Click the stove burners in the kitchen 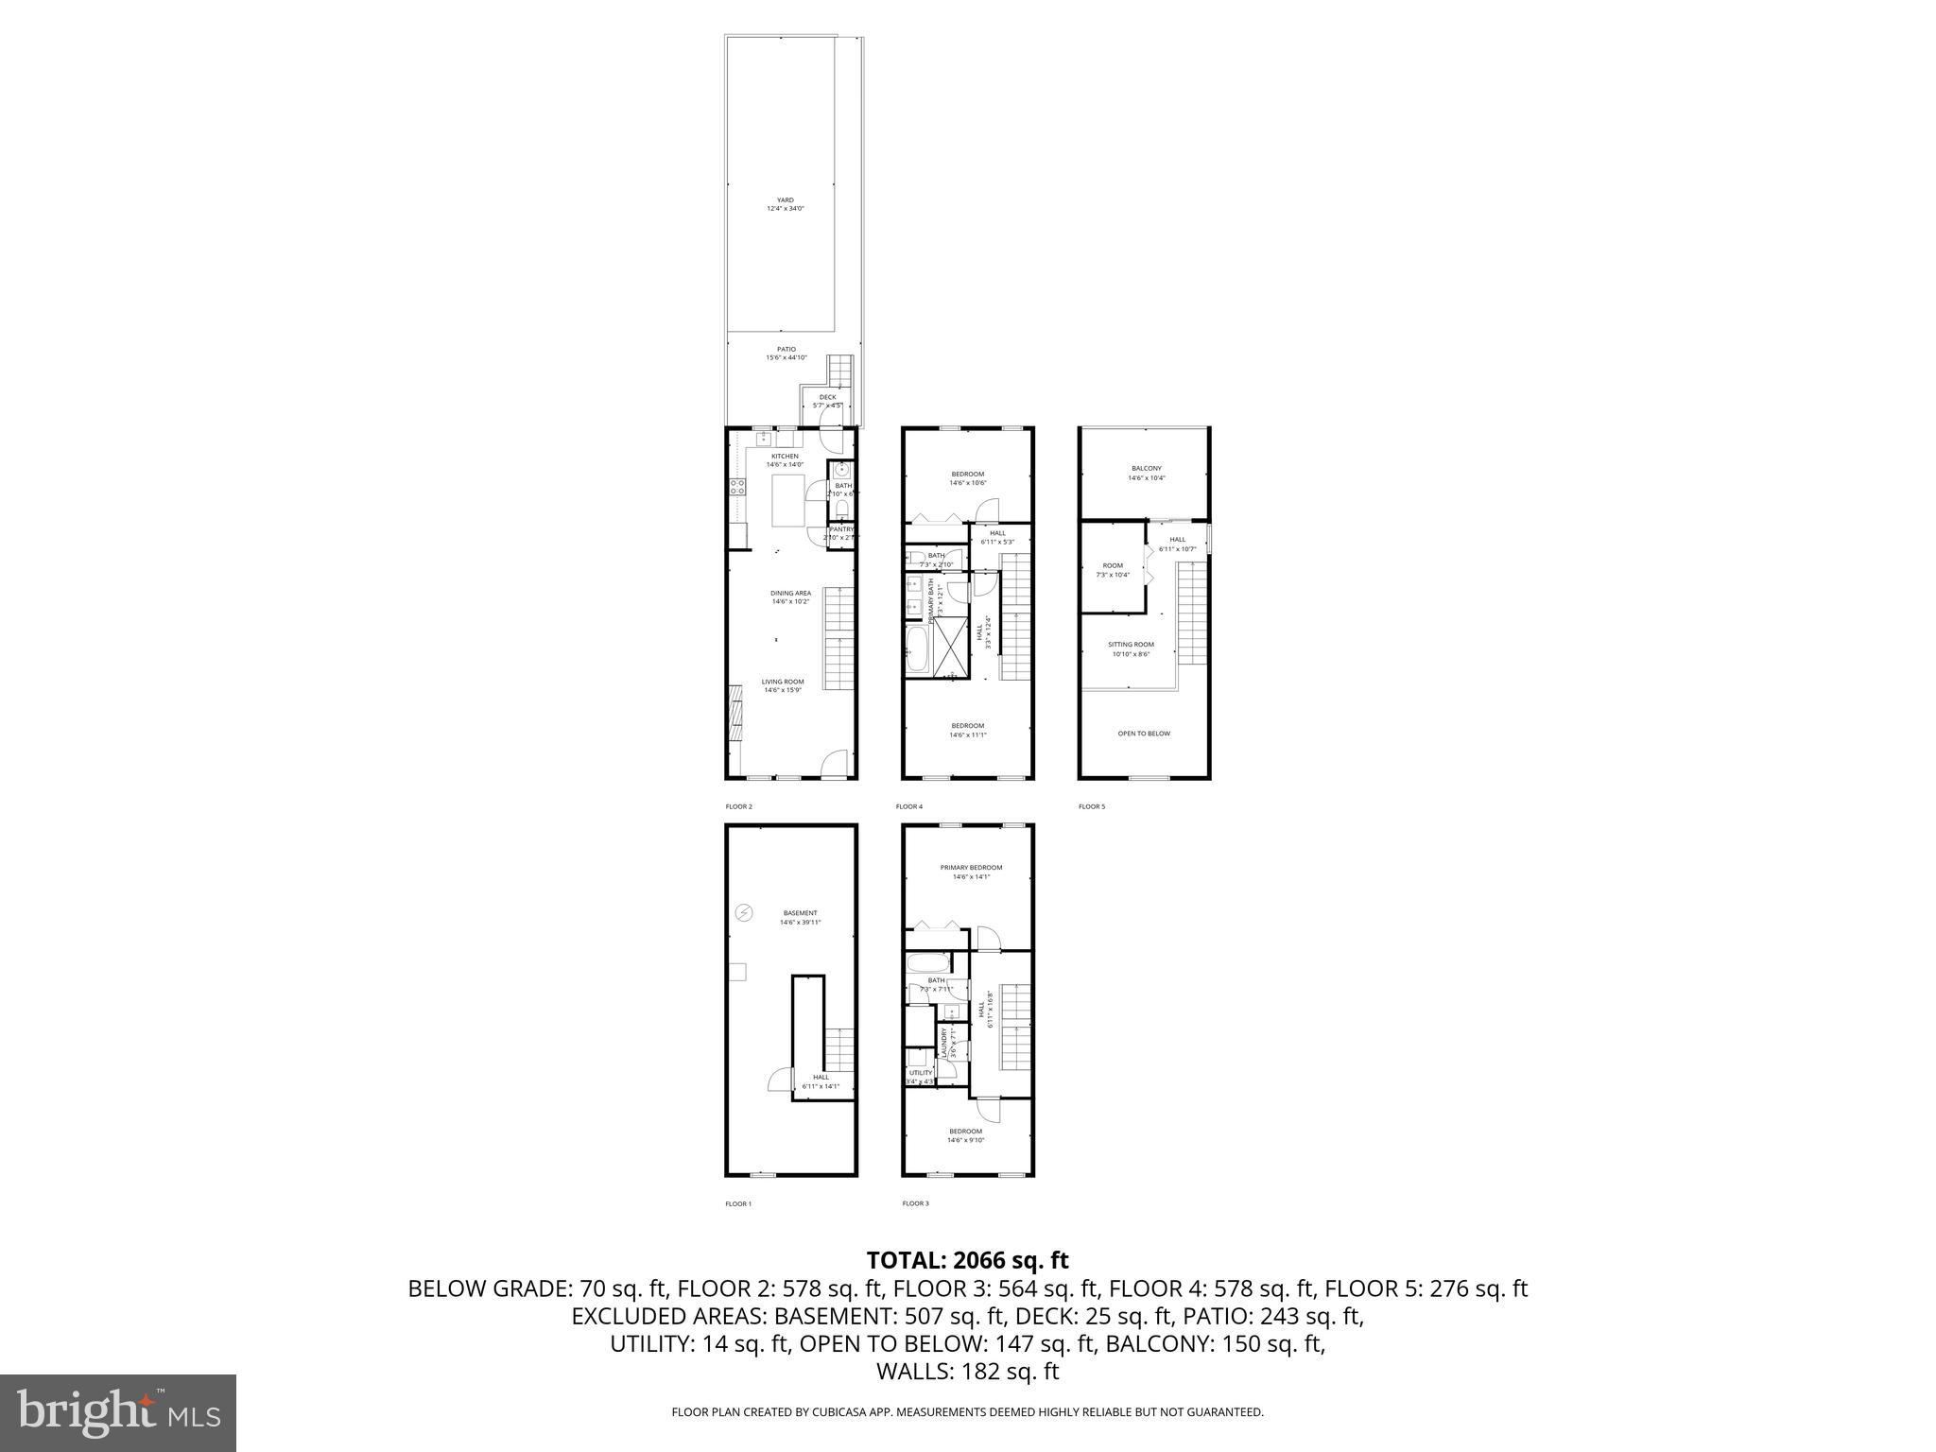736,488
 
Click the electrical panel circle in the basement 745,912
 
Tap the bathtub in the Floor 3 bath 927,964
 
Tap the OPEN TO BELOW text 1144,734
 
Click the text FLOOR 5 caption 1091,806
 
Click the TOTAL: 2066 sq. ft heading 967,1260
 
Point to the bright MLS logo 117,1412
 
